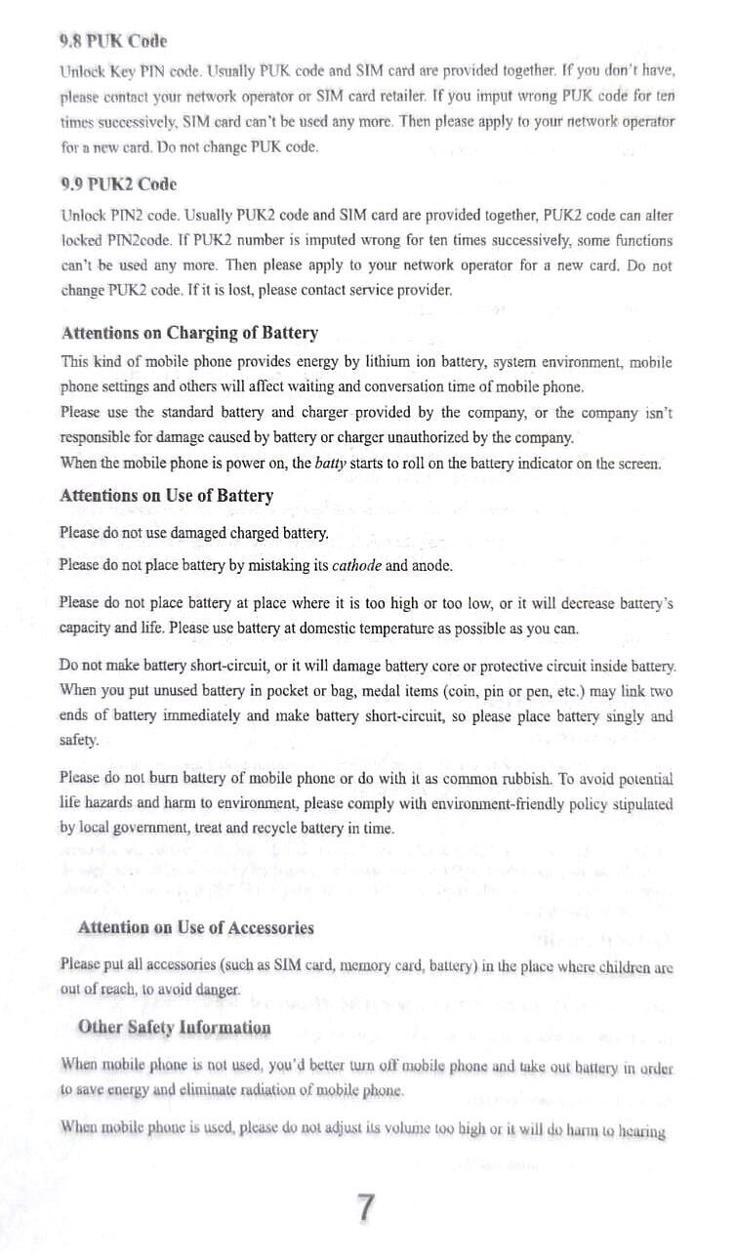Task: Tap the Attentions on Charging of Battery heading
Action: pyautogui.click(x=189, y=333)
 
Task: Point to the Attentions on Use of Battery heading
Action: pyautogui.click(x=167, y=496)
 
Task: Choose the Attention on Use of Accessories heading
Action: pyautogui.click(x=195, y=927)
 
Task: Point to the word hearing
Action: pyautogui.click(x=638, y=1132)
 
